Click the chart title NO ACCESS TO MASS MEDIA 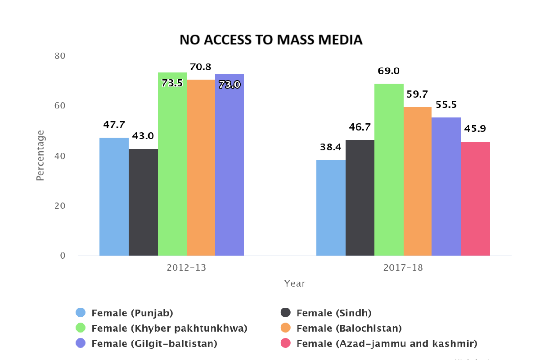tap(271, 40)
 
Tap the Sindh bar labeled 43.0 tap(143, 202)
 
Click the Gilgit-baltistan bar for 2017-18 tap(446, 186)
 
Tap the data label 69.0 tap(389, 71)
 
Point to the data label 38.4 tap(331, 147)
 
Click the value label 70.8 tap(201, 67)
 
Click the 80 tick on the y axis tap(60, 56)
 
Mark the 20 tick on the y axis tap(60, 206)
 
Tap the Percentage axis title tap(40, 155)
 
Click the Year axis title tap(295, 283)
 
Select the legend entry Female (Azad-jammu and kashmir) tap(387, 344)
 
